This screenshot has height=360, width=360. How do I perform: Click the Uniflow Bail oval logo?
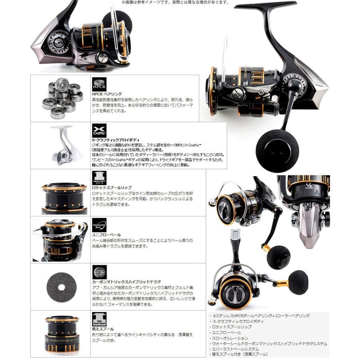click(99, 225)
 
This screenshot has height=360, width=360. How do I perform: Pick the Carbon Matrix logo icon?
click(99, 272)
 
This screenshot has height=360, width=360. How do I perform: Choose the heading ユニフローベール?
click(106, 235)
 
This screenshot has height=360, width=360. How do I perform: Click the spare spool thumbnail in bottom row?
click(62, 334)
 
